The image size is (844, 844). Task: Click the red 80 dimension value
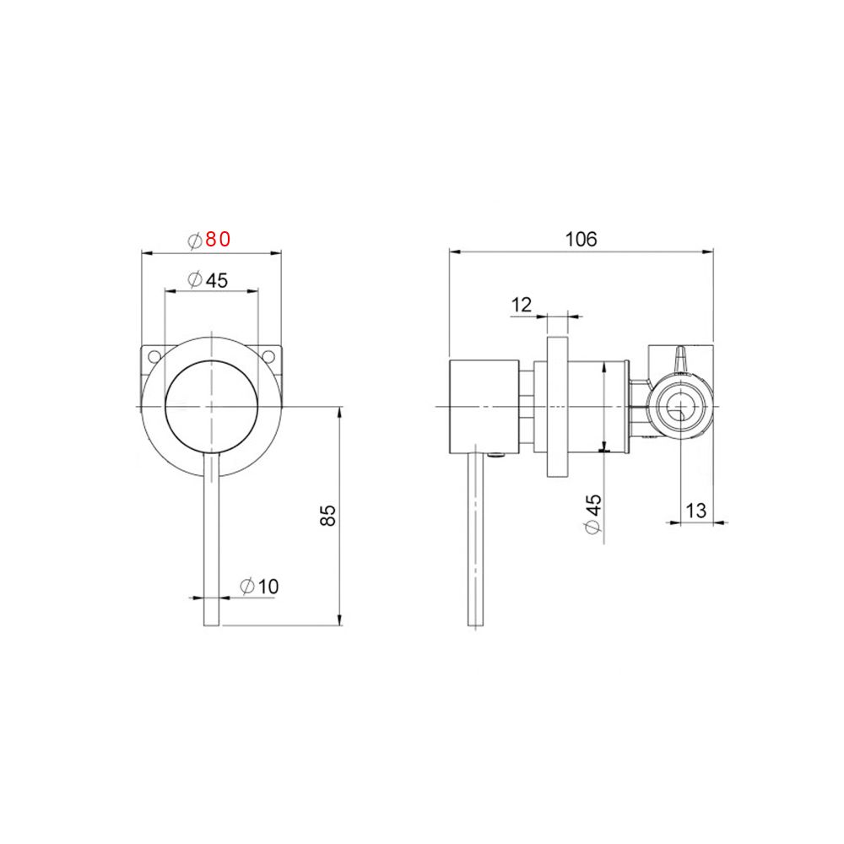[x=218, y=239]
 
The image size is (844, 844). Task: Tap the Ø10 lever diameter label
[x=259, y=586]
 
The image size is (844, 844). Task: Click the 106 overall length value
[x=581, y=239]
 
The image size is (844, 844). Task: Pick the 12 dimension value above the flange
[x=522, y=305]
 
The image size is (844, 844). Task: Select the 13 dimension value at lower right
[x=696, y=510]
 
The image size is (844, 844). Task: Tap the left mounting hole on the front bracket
[x=154, y=356]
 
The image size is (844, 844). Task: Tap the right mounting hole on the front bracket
[x=268, y=356]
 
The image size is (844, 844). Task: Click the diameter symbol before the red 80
[x=194, y=240]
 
